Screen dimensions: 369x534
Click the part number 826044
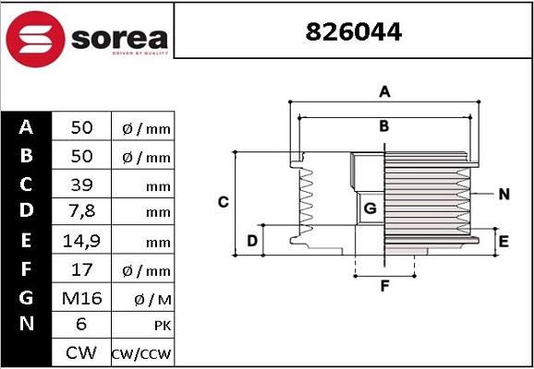coord(354,32)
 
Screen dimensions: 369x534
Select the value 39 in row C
coord(81,185)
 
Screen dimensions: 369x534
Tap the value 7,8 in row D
coord(81,212)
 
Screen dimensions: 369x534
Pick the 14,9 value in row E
coord(81,242)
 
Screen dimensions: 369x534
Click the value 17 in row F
coord(81,270)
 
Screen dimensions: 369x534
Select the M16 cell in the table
coord(81,298)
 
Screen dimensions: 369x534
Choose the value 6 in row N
coord(81,325)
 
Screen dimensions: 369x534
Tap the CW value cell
coord(81,352)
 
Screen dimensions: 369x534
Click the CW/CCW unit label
coord(141,354)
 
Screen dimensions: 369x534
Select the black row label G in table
coord(27,298)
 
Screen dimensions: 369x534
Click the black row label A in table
coord(27,127)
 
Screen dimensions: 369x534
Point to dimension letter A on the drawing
coord(384,91)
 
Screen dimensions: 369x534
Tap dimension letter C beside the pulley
coord(223,202)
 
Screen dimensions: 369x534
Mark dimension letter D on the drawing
coord(251,242)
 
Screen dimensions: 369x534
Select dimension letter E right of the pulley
coord(504,242)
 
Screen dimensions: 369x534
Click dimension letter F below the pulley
coord(384,286)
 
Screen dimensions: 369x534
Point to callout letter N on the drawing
coord(504,194)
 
